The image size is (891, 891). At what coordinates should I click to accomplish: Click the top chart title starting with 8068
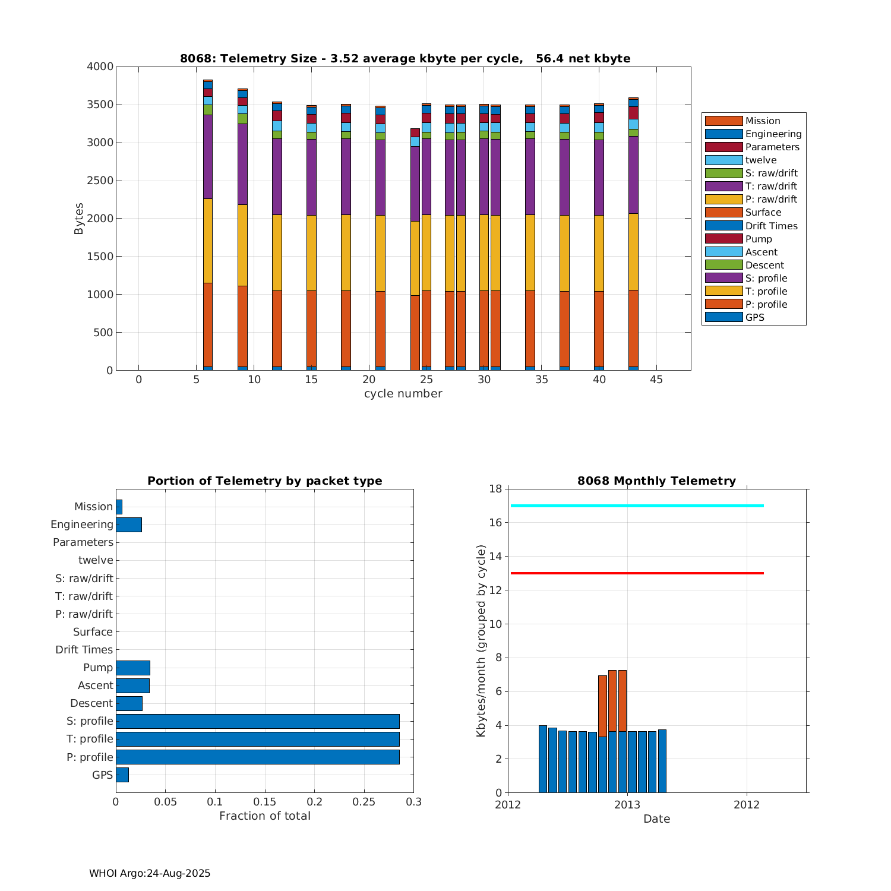tap(405, 58)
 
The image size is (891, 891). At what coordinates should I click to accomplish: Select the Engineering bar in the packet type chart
tap(128, 525)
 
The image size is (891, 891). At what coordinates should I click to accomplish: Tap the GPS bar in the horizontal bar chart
tap(122, 775)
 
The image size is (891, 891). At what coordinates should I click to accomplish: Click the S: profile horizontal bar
tap(257, 721)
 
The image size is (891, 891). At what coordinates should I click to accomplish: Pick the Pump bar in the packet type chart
tap(132, 668)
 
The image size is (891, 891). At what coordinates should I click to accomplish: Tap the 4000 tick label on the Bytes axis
tap(100, 67)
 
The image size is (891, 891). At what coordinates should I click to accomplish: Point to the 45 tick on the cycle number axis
tap(656, 380)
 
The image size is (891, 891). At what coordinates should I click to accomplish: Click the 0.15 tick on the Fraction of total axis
tap(265, 802)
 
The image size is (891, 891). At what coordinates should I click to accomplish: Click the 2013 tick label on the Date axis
tap(627, 804)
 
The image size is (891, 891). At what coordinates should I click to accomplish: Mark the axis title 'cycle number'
tap(403, 394)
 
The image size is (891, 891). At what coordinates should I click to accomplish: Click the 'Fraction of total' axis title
tap(265, 816)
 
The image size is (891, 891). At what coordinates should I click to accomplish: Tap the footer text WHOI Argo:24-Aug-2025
tap(150, 873)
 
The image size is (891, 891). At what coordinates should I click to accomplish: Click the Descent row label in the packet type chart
tap(91, 703)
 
